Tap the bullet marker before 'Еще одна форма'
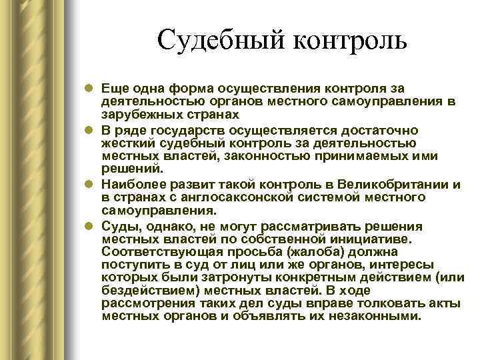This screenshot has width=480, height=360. pos(89,89)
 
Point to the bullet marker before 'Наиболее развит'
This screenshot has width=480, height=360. pos(89,184)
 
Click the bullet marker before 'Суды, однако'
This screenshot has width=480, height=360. pos(89,226)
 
